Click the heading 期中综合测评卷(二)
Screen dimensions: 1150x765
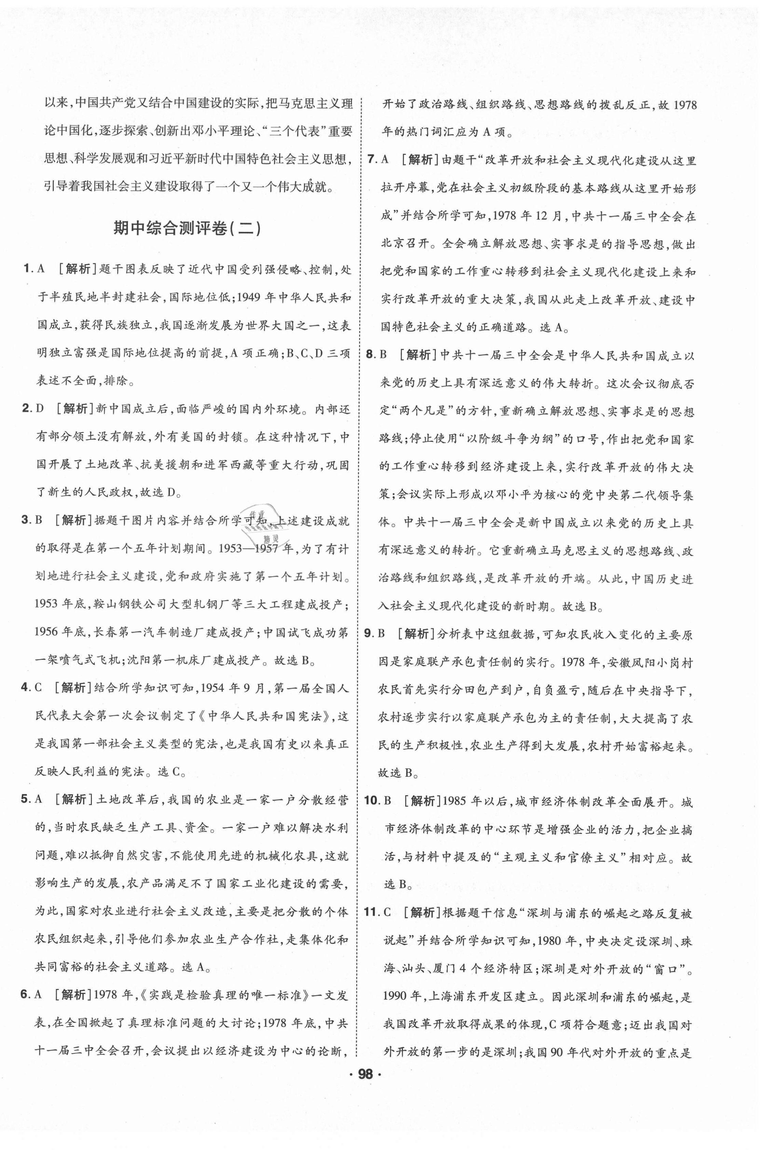pos(187,228)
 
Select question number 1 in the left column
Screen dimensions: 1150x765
pos(27,269)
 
